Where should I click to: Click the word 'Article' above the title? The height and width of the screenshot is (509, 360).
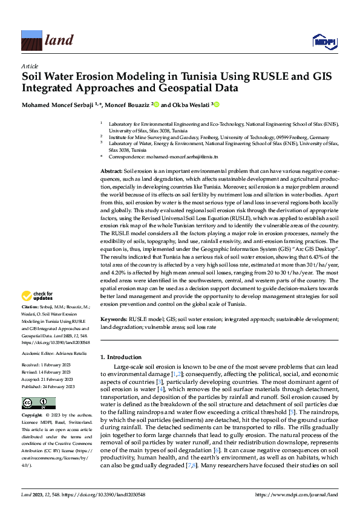[x=30, y=65]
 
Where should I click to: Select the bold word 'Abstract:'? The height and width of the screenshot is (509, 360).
[x=111, y=172]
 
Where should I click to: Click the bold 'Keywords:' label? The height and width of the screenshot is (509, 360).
[x=113, y=319]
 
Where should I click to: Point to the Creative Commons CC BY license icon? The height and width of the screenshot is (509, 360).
[x=38, y=403]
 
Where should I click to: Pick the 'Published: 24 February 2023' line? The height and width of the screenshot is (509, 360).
[x=48, y=387]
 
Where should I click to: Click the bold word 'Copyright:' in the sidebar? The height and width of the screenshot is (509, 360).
[x=32, y=416]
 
